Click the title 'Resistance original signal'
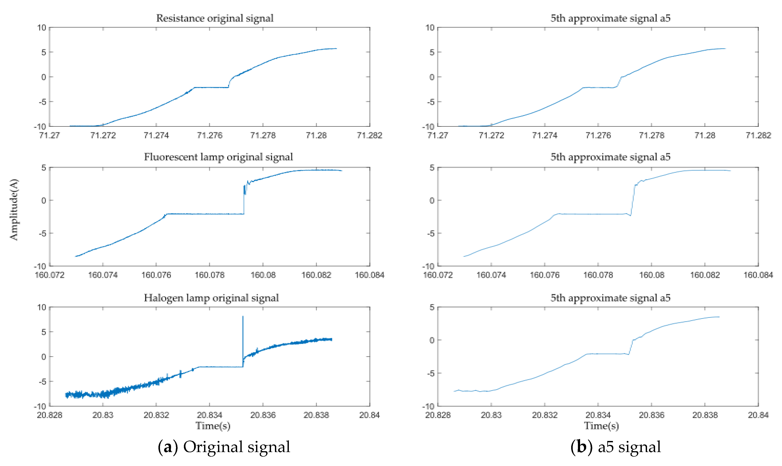[x=215, y=18]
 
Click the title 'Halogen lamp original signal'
[x=211, y=298]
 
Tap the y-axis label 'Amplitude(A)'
[x=14, y=210]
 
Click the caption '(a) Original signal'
[x=224, y=447]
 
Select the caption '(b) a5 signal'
[x=615, y=447]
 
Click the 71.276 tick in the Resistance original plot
[x=210, y=135]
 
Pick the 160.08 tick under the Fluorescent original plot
[x=263, y=275]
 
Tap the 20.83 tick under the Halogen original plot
[x=103, y=415]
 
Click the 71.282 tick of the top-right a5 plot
[x=758, y=135]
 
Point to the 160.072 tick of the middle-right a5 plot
[x=438, y=275]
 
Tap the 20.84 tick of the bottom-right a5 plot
[x=758, y=415]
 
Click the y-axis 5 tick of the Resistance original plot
[x=44, y=52]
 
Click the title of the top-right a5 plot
[x=610, y=18]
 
